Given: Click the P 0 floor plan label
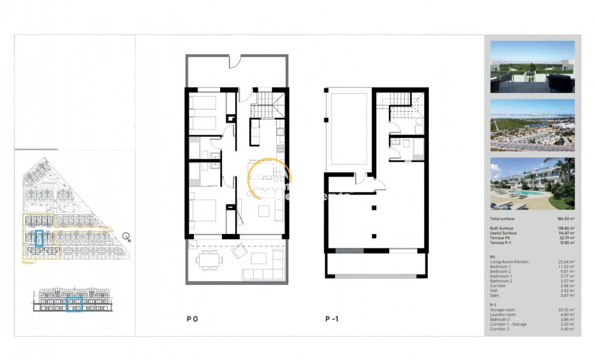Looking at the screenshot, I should (x=192, y=318).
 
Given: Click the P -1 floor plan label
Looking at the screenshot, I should (x=332, y=318).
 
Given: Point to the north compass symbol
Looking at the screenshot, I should (x=126, y=237).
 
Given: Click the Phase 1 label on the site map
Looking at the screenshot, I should (x=29, y=263).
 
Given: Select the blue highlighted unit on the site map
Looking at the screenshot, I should (x=39, y=238).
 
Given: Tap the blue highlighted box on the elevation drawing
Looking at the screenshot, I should (x=74, y=304).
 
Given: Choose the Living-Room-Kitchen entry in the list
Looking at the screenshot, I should (x=509, y=262).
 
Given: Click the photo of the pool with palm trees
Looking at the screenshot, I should (x=532, y=184).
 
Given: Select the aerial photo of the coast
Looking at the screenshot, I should (x=532, y=125).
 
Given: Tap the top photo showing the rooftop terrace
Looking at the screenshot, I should (x=532, y=67).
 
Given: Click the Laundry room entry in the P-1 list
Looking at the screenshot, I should (x=503, y=315).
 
